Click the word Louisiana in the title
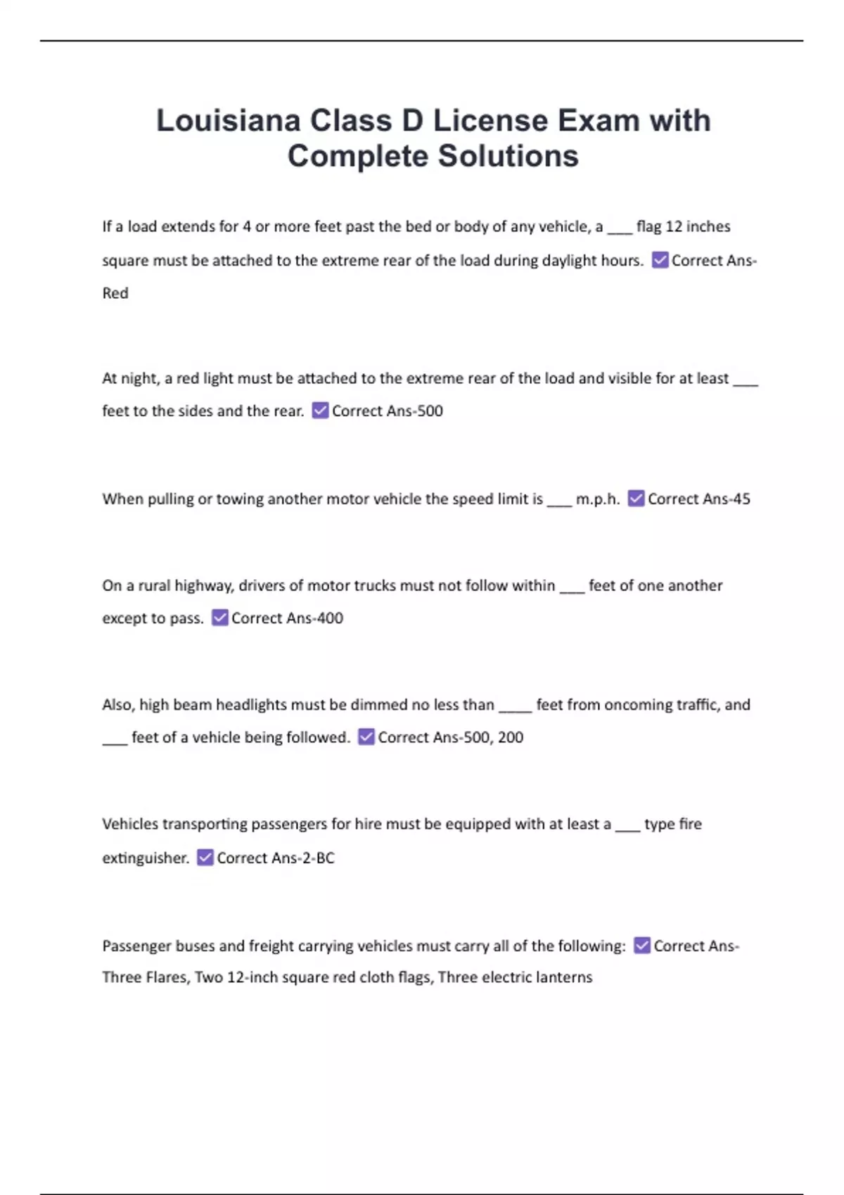coord(228,120)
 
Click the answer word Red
coord(115,293)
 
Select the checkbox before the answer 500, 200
coord(366,737)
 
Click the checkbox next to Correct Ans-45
coord(636,498)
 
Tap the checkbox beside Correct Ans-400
coord(219,618)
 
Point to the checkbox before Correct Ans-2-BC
coord(205,858)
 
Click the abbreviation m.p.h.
coord(597,499)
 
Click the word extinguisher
coord(146,858)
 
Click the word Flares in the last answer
coord(167,977)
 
